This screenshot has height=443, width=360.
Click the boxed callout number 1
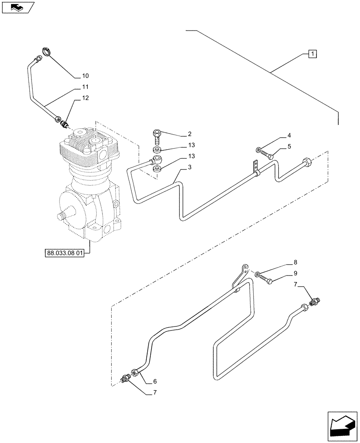[x=313, y=54]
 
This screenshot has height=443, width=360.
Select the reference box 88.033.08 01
[x=67, y=253]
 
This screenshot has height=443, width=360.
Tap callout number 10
[x=85, y=75]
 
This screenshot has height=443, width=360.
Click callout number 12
[x=85, y=98]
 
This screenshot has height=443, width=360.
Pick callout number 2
[x=189, y=134]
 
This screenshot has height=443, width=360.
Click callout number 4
[x=289, y=135]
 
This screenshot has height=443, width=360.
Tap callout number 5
[x=289, y=146]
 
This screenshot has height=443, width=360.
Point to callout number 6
[x=155, y=381]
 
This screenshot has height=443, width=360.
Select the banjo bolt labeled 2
[x=157, y=135]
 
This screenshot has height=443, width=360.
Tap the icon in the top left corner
[x=17, y=7]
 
